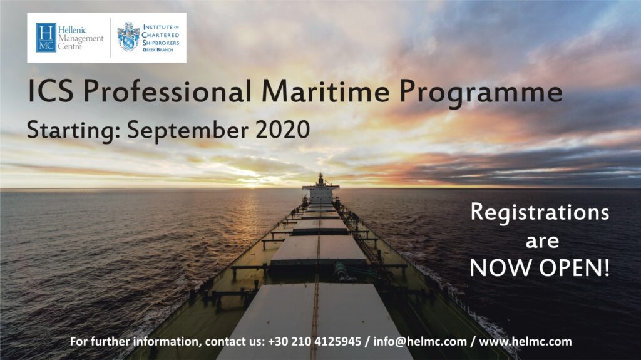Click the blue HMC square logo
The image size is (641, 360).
[x=46, y=38]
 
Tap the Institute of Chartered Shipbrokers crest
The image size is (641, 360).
[x=128, y=37]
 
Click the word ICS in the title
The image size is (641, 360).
[x=49, y=92]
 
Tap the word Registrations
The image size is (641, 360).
[x=540, y=212]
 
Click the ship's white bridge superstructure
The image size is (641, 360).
[x=320, y=190]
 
